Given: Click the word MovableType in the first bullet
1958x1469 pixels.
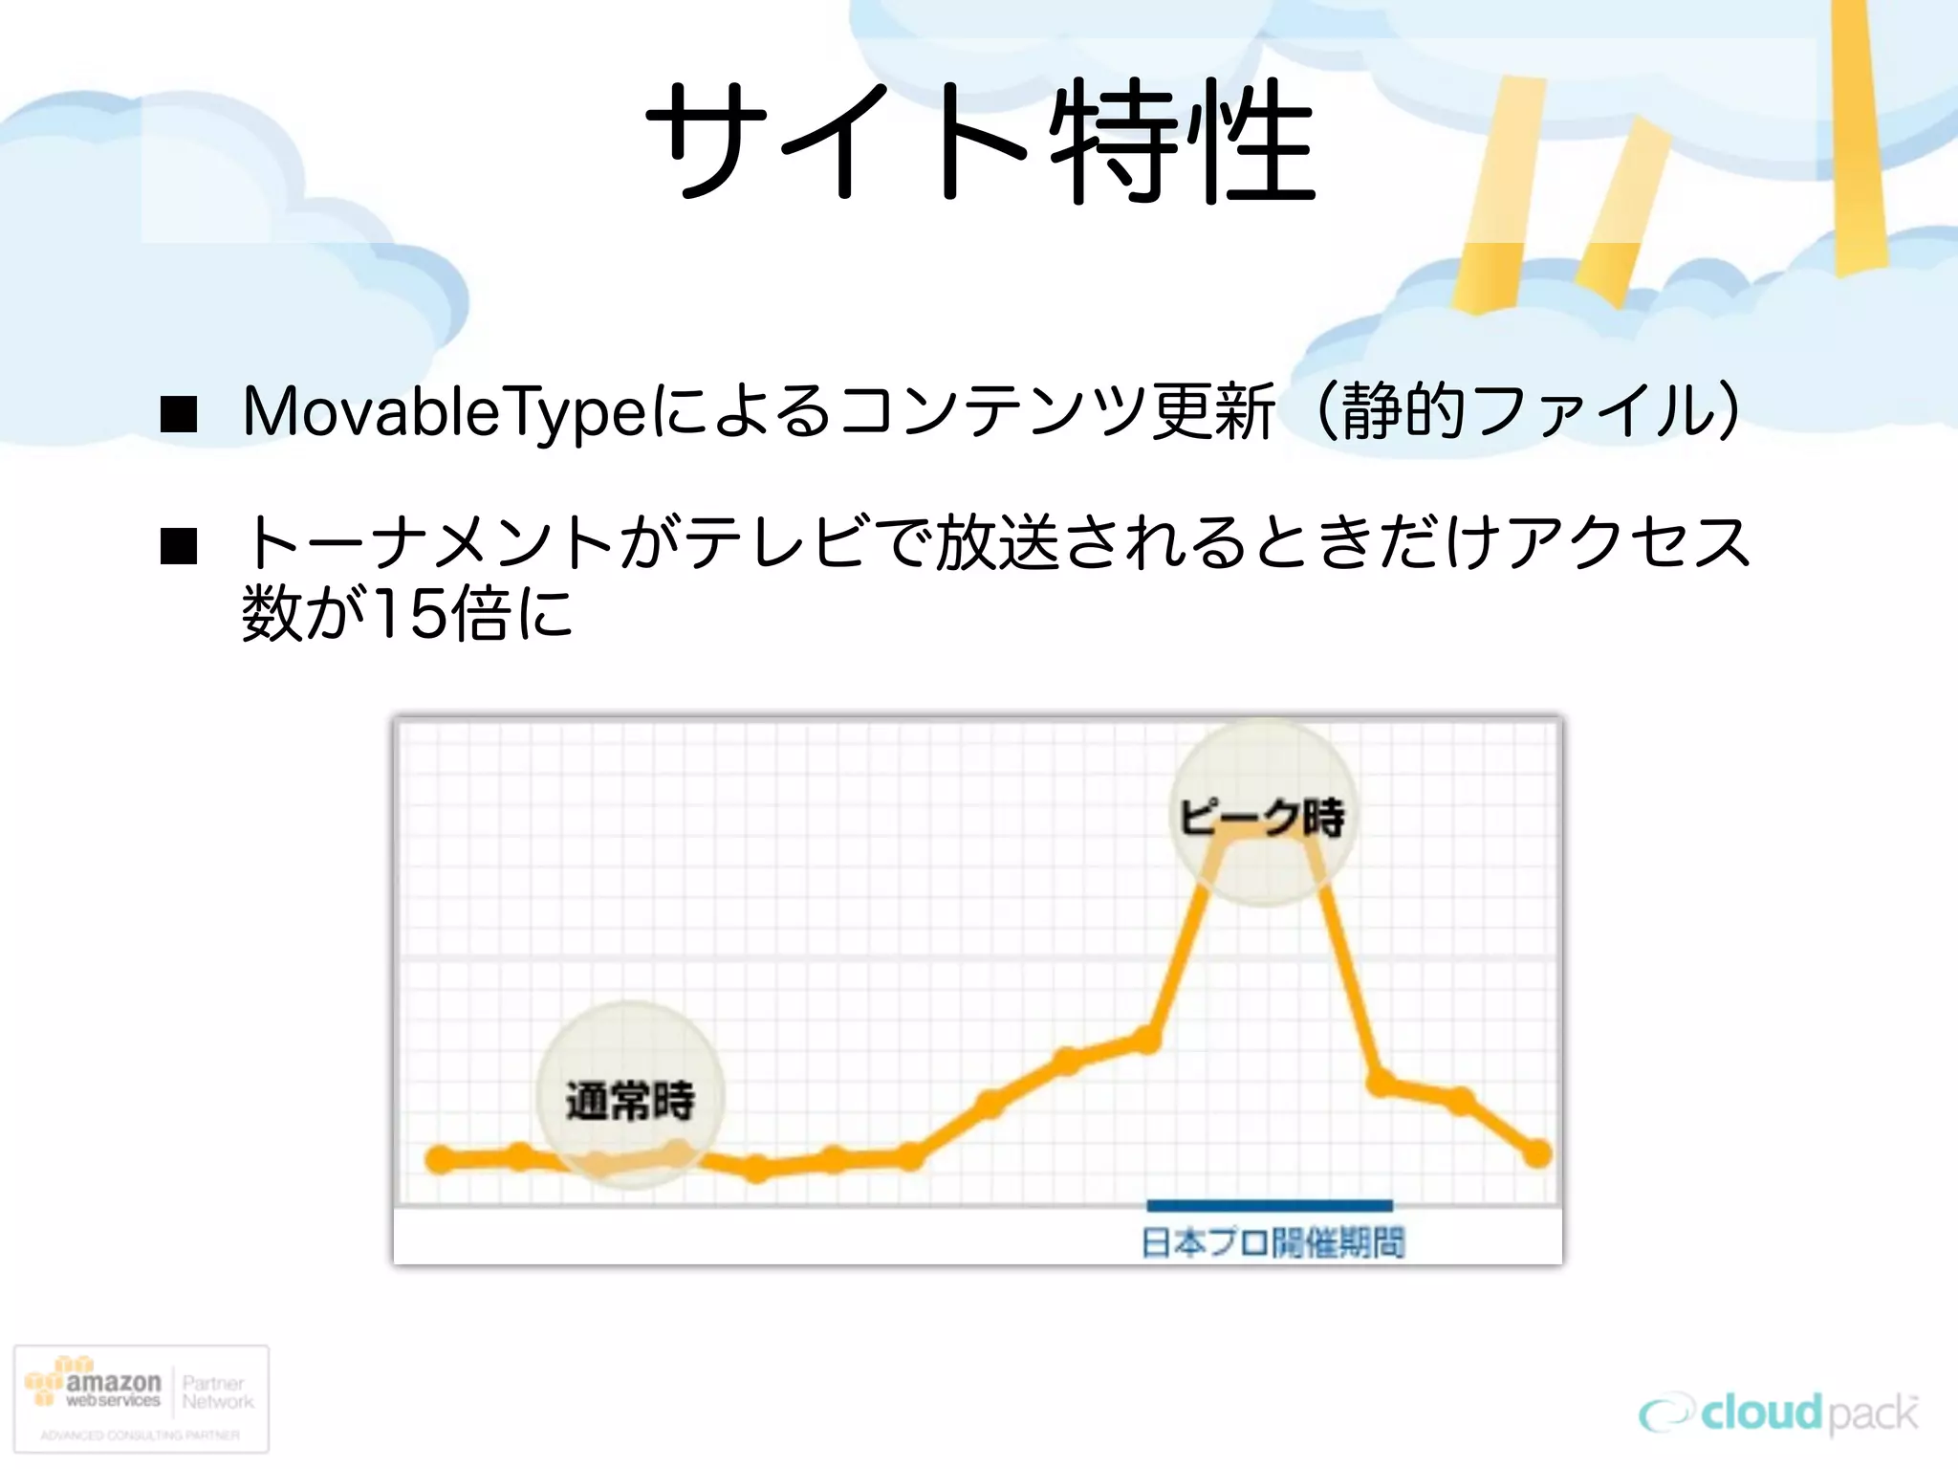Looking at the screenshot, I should (446, 412).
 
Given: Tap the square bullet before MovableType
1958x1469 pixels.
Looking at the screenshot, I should (179, 415).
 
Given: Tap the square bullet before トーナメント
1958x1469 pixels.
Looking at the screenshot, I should (179, 546).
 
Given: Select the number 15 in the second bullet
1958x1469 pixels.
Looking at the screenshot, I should (409, 614).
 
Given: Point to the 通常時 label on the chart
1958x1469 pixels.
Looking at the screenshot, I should (630, 1100).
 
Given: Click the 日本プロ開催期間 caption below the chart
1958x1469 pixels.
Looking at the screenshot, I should (1273, 1242).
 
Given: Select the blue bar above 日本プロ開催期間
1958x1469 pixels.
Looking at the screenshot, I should (1270, 1205).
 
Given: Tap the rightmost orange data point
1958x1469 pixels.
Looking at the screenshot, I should (1536, 1153).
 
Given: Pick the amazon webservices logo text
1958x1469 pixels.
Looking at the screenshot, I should (112, 1390).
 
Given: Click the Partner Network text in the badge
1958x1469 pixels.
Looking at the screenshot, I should (217, 1392).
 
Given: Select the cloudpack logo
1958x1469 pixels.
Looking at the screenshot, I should (1777, 1414).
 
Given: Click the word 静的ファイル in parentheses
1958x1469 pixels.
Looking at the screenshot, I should (1530, 412).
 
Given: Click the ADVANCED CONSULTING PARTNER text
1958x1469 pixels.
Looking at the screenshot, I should (141, 1435).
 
